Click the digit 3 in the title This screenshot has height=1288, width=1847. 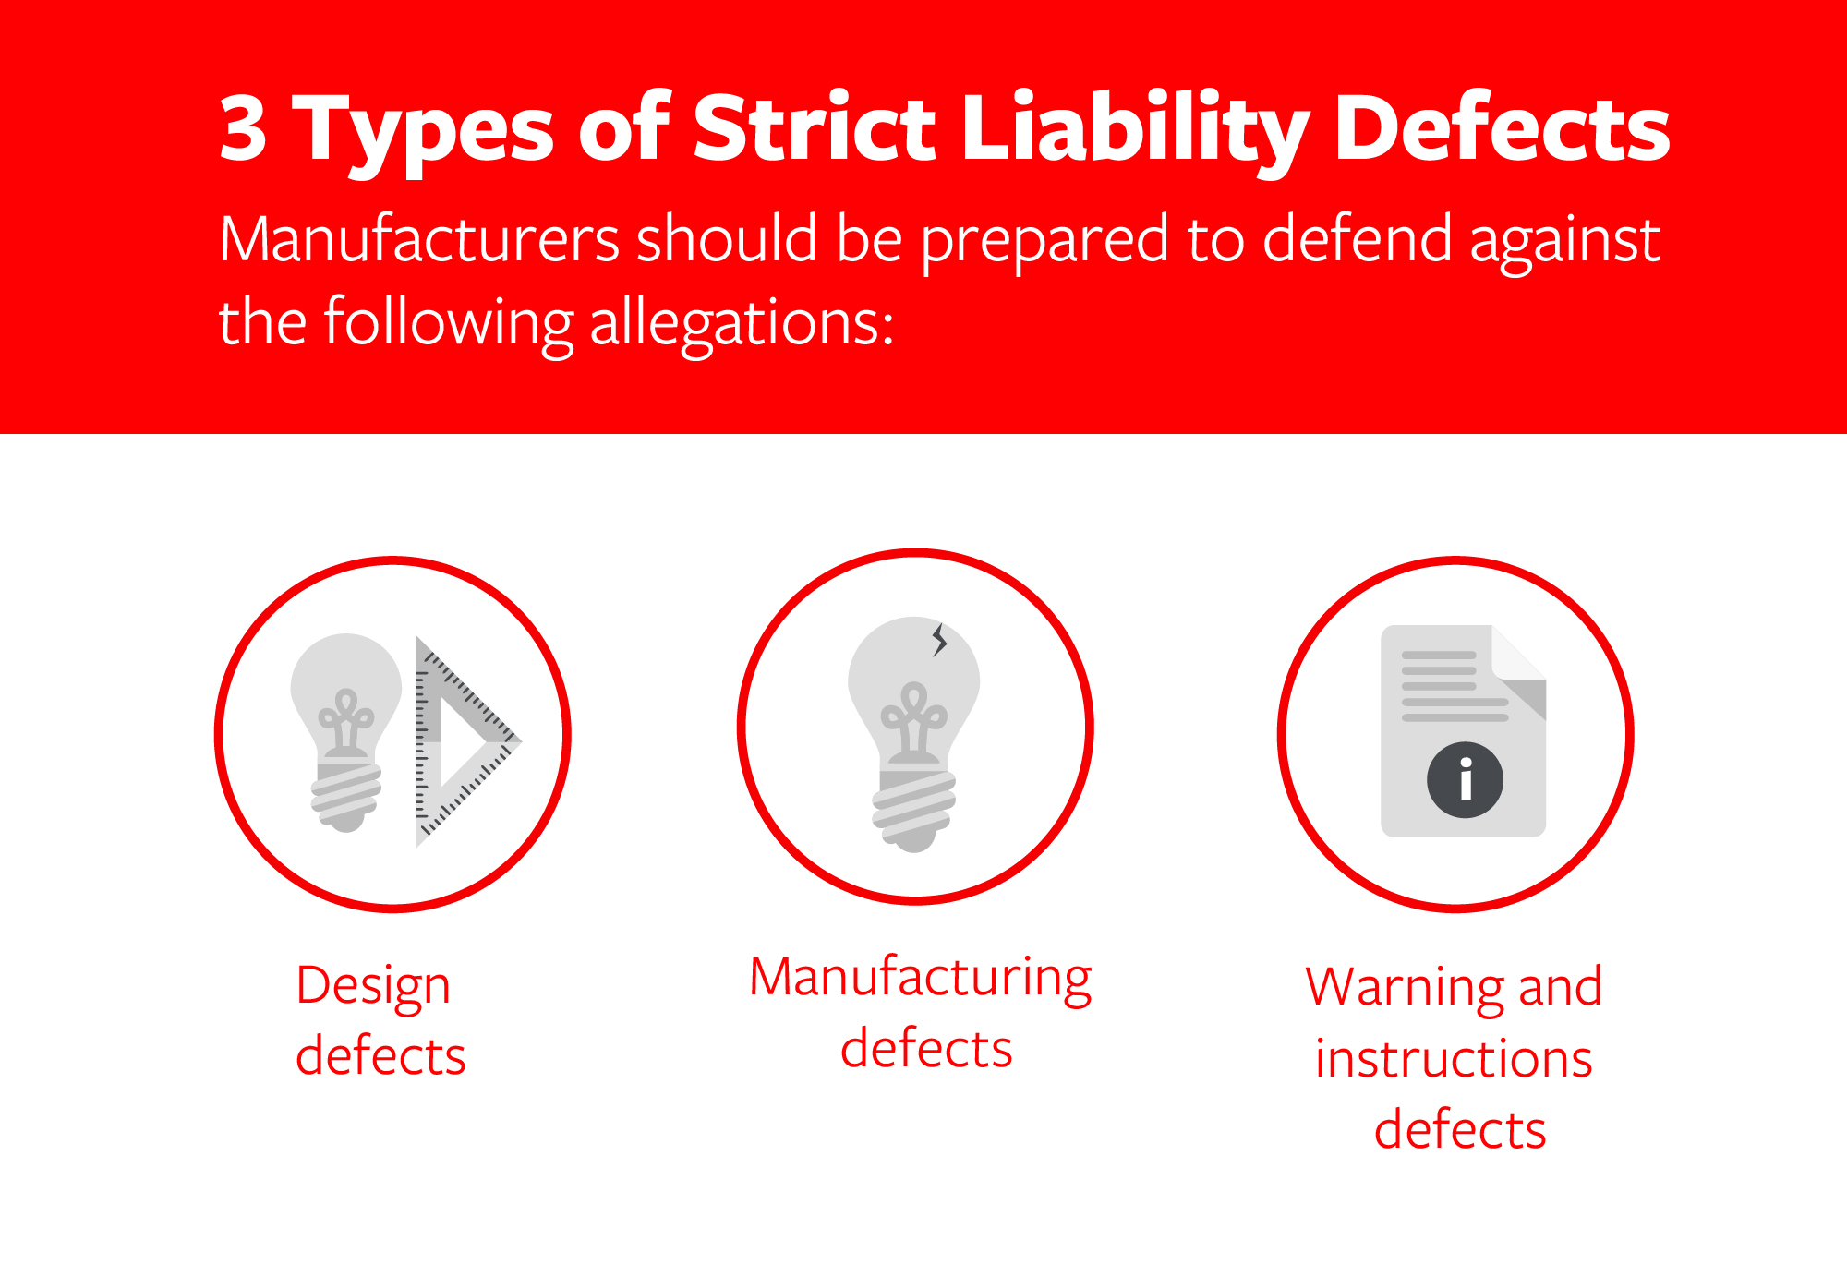tap(243, 130)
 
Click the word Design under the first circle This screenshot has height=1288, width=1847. tap(373, 987)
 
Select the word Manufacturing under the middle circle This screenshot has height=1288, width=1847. tap(920, 979)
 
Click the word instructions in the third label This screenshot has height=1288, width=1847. tap(1454, 1059)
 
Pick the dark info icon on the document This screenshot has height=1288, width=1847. tap(1465, 780)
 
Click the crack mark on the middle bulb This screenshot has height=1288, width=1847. tap(939, 639)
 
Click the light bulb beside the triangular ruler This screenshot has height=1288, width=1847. tap(346, 729)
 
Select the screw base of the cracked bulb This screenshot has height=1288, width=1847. tap(914, 808)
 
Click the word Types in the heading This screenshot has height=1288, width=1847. tap(424, 130)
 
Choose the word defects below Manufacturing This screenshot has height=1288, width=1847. tap(926, 1049)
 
